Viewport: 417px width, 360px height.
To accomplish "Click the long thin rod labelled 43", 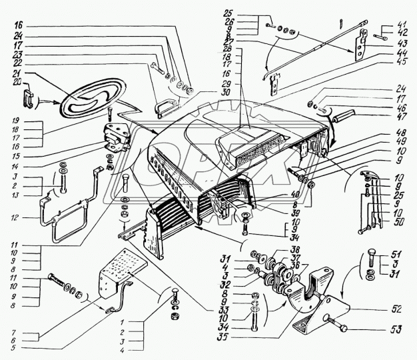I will pyautogui.click(x=313, y=47).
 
